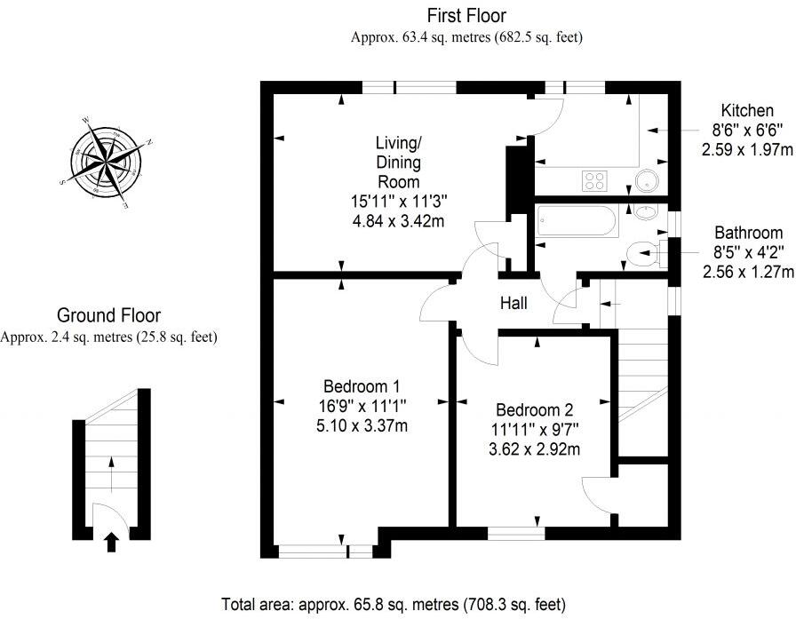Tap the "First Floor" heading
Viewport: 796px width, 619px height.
click(466, 15)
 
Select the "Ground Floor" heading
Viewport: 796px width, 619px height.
click(108, 315)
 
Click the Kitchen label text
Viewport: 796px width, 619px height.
click(746, 111)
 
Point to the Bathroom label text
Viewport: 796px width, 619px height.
click(748, 234)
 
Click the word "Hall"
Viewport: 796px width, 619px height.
click(513, 304)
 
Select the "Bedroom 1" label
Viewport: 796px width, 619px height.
click(362, 386)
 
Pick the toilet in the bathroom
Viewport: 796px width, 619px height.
click(641, 256)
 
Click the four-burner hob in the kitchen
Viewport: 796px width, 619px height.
click(594, 181)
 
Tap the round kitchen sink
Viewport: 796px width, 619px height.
click(648, 181)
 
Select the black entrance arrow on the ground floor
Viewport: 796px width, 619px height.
click(111, 541)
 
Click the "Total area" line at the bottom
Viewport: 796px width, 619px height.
click(393, 606)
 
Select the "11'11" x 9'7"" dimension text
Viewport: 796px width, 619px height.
click(534, 430)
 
